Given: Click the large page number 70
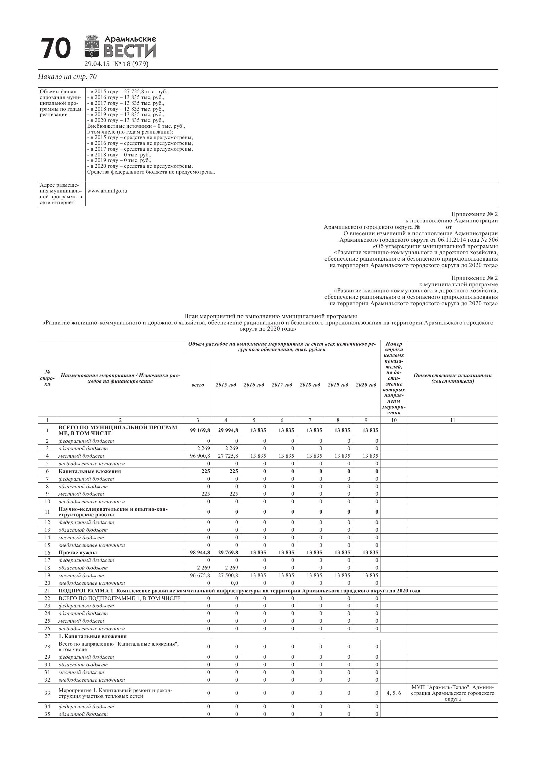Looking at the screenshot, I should click(56, 48).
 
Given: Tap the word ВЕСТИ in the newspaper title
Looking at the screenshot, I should click(130, 51).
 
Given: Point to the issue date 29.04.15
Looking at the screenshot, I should click(97, 64).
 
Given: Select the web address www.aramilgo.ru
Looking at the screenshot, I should click(107, 191).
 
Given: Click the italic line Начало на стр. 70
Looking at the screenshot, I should click(67, 77).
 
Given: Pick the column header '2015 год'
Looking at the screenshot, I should click(226, 385).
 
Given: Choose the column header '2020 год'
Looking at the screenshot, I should click(366, 385).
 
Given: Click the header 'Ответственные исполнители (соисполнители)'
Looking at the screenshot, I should click(453, 378).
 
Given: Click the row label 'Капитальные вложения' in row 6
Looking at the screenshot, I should click(90, 471).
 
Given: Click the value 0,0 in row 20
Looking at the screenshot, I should click(234, 583).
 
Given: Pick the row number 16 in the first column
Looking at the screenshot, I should click(47, 553).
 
